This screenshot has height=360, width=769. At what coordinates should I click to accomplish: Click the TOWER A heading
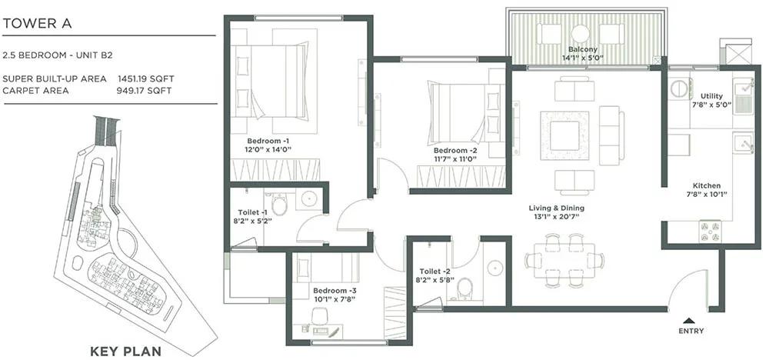click(x=37, y=24)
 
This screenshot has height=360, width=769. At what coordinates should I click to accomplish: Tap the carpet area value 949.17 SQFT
click(x=145, y=91)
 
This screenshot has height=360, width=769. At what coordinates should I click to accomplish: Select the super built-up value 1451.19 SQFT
click(x=145, y=78)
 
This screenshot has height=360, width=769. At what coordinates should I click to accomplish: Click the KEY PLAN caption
click(x=125, y=352)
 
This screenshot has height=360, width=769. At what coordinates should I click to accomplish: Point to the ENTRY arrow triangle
click(x=691, y=320)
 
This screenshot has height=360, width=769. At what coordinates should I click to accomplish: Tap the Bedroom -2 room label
click(x=454, y=150)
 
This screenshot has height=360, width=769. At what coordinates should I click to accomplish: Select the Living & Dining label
click(x=556, y=208)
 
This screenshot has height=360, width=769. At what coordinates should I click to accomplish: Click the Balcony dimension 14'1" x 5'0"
click(x=582, y=58)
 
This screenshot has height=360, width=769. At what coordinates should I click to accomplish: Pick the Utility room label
click(x=711, y=96)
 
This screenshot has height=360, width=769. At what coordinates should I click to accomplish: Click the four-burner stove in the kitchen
click(x=710, y=231)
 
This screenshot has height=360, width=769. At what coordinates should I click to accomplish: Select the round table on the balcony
click(x=580, y=34)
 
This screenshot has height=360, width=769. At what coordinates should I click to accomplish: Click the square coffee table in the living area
click(x=564, y=136)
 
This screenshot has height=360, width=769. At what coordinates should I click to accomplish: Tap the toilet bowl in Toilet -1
click(x=280, y=205)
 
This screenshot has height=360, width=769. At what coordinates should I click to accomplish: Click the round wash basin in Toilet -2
click(x=494, y=268)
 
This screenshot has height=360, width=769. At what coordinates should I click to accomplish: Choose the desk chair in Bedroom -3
click(x=320, y=316)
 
